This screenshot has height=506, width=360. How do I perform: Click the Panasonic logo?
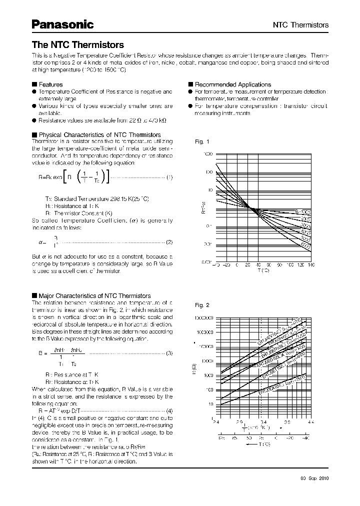(x=62, y=24)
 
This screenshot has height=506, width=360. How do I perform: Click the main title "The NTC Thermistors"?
(x=77, y=45)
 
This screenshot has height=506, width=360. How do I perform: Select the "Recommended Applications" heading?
(x=232, y=84)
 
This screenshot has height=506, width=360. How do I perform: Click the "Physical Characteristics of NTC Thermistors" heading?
(x=99, y=135)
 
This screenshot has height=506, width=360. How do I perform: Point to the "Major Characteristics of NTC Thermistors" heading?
(x=94, y=296)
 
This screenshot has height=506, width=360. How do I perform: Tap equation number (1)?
(x=169, y=177)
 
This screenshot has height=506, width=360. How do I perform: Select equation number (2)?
(x=169, y=242)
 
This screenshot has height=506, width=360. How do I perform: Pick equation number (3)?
(x=169, y=353)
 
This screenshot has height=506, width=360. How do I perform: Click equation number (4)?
(x=169, y=410)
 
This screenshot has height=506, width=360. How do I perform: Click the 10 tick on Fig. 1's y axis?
(x=210, y=190)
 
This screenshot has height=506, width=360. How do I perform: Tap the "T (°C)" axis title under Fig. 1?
(x=263, y=270)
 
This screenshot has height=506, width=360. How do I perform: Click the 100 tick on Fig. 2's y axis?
(x=209, y=389)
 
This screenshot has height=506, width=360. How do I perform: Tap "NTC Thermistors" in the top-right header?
(x=300, y=24)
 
